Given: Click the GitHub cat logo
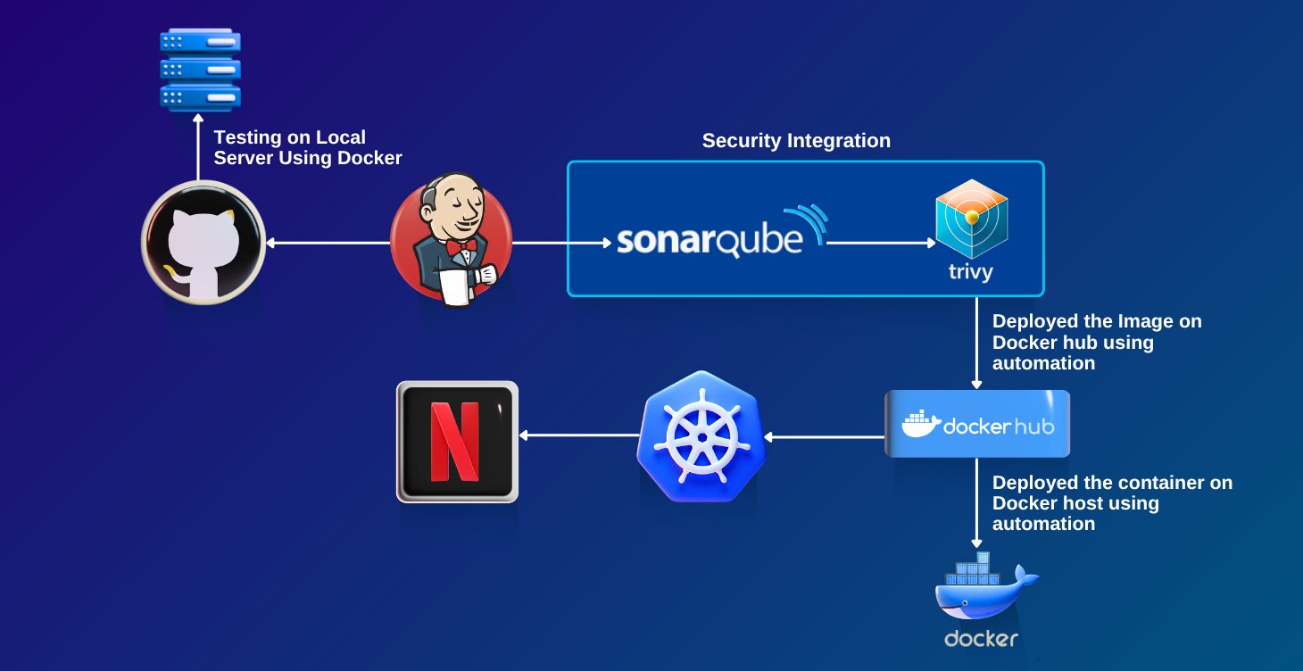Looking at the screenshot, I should pyautogui.click(x=203, y=243).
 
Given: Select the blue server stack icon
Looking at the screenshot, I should pyautogui.click(x=200, y=69).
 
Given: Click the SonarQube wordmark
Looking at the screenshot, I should pyautogui.click(x=710, y=241).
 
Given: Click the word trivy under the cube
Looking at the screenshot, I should pyautogui.click(x=971, y=272).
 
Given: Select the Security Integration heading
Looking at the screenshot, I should pyautogui.click(x=796, y=141).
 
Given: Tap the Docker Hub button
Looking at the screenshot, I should pyautogui.click(x=977, y=425).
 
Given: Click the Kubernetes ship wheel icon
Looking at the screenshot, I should pyautogui.click(x=701, y=437).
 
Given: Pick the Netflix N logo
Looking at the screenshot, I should pyautogui.click(x=457, y=441).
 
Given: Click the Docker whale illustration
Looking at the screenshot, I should pyautogui.click(x=982, y=589).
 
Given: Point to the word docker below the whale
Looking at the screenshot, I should pyautogui.click(x=982, y=639).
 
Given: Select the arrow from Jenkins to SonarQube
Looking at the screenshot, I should pyautogui.click(x=562, y=242).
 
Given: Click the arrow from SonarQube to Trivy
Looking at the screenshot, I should pyautogui.click(x=880, y=242).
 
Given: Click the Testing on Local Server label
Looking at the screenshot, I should pyautogui.click(x=307, y=148).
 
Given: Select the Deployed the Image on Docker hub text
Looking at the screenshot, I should pyautogui.click(x=1096, y=342).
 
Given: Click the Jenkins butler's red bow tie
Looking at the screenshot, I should pyautogui.click(x=460, y=245).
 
